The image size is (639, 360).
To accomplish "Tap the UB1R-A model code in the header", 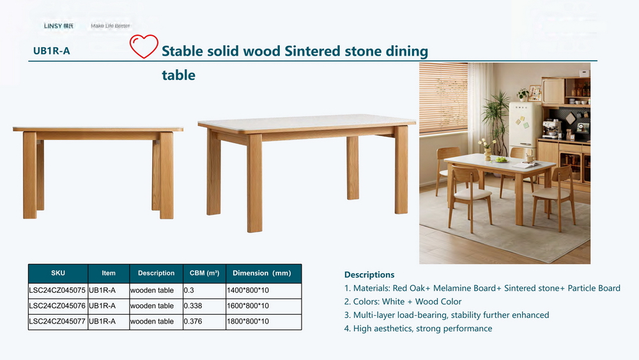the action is pos(51,51).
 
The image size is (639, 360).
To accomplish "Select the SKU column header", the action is pos(58,273).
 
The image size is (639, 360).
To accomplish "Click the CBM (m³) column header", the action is pos(204,273).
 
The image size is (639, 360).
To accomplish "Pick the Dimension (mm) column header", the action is pos(261,273).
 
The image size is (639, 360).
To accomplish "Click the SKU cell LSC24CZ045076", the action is pos(57,306).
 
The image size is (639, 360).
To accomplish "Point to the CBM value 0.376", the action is pos(193,321).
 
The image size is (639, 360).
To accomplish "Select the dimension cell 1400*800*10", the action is pos(248,290).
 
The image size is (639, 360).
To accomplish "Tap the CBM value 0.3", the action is pos(189,290).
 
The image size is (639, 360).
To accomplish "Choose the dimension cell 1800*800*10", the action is pos(248,321).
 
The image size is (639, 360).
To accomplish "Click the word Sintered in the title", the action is pos(312,51).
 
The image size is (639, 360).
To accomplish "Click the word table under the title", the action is pos(178,75).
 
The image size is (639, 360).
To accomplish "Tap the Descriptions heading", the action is pos(369,275).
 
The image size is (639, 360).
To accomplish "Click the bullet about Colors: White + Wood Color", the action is pos(403,302).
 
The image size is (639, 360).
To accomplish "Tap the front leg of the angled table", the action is pos(254,183).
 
